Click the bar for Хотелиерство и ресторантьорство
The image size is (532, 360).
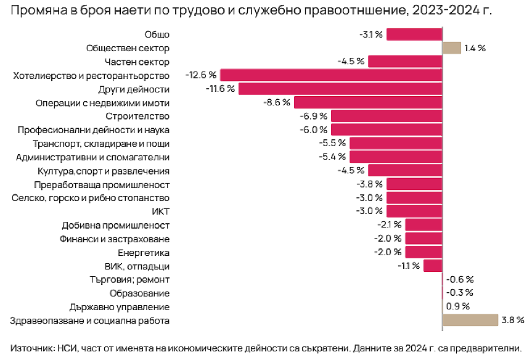(x=331, y=75)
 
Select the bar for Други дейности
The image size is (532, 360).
(x=340, y=89)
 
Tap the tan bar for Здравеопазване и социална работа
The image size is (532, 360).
(x=470, y=321)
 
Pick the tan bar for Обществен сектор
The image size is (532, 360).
(x=452, y=48)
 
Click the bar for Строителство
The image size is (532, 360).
(x=387, y=116)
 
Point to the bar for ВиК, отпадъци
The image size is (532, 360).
(x=433, y=266)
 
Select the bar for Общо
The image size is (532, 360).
(x=414, y=35)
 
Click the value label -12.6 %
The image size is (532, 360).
(x=201, y=75)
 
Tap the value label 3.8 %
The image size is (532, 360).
(x=512, y=321)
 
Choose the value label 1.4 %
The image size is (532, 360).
(x=475, y=48)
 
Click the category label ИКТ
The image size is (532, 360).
(x=160, y=212)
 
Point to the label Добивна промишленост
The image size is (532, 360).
(x=115, y=226)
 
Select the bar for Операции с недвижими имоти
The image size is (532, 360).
(x=368, y=102)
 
